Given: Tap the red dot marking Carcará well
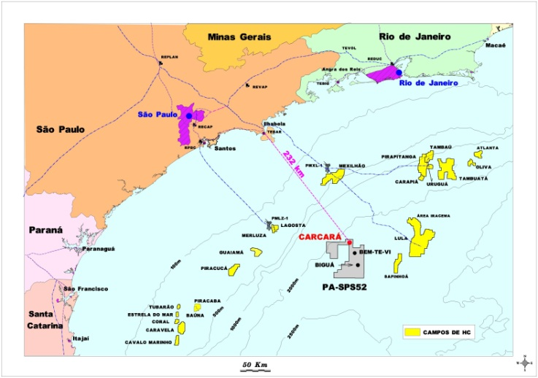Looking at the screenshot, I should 350,242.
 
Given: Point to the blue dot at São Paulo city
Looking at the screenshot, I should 189,116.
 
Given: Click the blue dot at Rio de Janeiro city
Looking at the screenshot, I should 399,72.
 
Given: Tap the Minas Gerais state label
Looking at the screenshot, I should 239,36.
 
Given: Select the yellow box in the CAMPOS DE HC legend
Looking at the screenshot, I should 413,332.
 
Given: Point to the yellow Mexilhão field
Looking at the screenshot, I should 332,176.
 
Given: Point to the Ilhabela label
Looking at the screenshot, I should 274,125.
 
